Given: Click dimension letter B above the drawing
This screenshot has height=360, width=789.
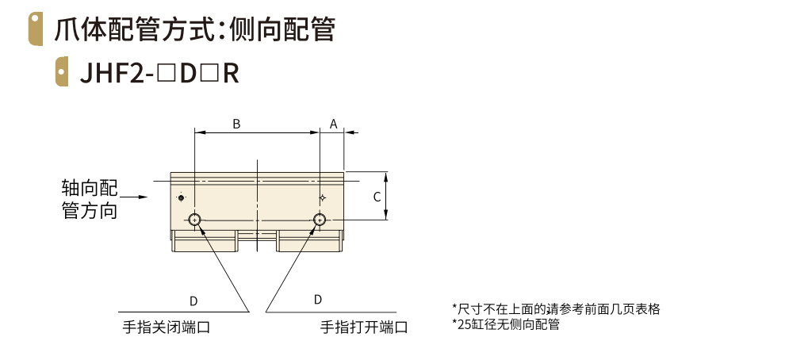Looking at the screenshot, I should coord(236,124).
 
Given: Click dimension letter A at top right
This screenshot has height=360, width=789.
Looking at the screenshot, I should coord(333,124).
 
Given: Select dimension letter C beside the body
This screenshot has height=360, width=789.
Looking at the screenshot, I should coord(377,196).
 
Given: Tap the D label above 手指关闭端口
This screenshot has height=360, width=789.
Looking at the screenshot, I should coord(193,301).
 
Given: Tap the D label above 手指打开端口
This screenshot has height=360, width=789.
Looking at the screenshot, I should coord(318,299).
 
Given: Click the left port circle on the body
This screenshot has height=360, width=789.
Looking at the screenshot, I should coord(194,219).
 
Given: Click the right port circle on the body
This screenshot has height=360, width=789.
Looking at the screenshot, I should coord(320,219).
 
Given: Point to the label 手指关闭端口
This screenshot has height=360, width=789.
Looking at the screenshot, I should coord(166,327).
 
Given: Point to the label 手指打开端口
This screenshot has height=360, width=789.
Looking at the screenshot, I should coord(364,327).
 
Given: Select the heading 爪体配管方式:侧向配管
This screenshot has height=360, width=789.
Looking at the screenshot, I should coord(194,29).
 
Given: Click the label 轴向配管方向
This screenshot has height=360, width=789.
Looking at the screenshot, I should coord(90,199).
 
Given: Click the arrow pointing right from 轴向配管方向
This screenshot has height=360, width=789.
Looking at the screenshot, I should coord(136,197).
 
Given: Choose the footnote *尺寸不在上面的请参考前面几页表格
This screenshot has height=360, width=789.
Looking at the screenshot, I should coord(556,308).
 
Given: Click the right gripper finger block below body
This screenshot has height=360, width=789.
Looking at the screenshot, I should coord(308,241).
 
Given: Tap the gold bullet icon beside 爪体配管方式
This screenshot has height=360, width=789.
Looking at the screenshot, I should coord(35,29).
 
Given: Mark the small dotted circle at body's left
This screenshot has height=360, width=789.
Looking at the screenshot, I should coord(182,197).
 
